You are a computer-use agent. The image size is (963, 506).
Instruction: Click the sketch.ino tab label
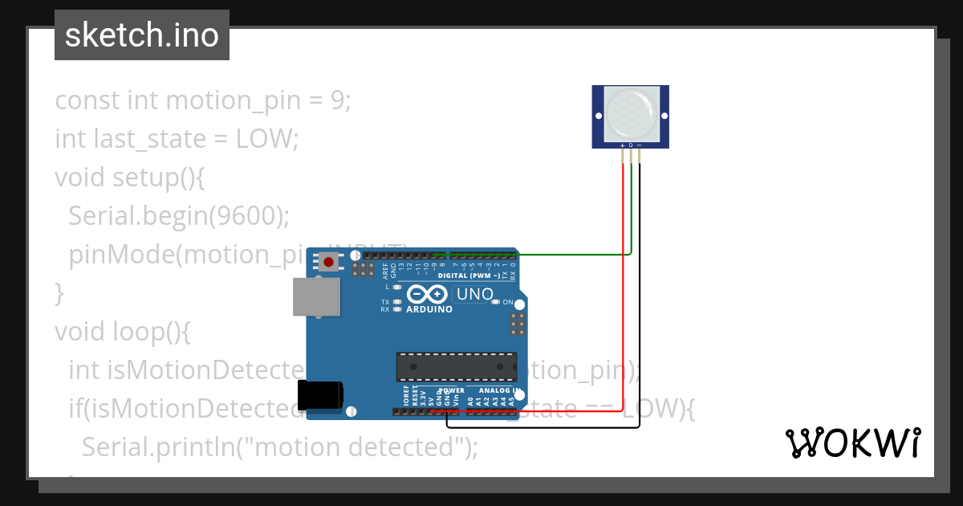pyautogui.click(x=142, y=35)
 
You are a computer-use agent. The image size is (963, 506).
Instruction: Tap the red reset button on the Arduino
pyautogui.click(x=329, y=261)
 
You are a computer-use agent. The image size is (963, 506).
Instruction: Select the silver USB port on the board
pyautogui.click(x=315, y=297)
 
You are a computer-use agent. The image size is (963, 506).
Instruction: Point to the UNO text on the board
pyautogui.click(x=474, y=295)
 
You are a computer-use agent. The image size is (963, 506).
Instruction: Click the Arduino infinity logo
pyautogui.click(x=427, y=295)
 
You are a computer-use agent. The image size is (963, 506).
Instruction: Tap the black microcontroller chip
pyautogui.click(x=456, y=366)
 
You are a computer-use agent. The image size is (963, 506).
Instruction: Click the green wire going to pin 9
pyautogui.click(x=562, y=255)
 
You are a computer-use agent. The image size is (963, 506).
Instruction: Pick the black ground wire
pyautogui.click(x=639, y=321)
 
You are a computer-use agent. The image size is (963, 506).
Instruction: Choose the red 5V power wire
pyautogui.click(x=623, y=321)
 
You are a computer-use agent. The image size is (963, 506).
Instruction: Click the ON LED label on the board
pyautogui.click(x=507, y=302)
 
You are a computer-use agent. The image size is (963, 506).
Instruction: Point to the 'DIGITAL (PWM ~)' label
pyautogui.click(x=469, y=275)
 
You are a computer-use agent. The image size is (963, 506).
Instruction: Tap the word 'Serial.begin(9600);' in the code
pyautogui.click(x=178, y=215)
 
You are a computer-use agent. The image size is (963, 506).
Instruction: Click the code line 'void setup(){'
pyautogui.click(x=130, y=177)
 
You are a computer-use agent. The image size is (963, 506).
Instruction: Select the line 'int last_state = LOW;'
pyautogui.click(x=177, y=138)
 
